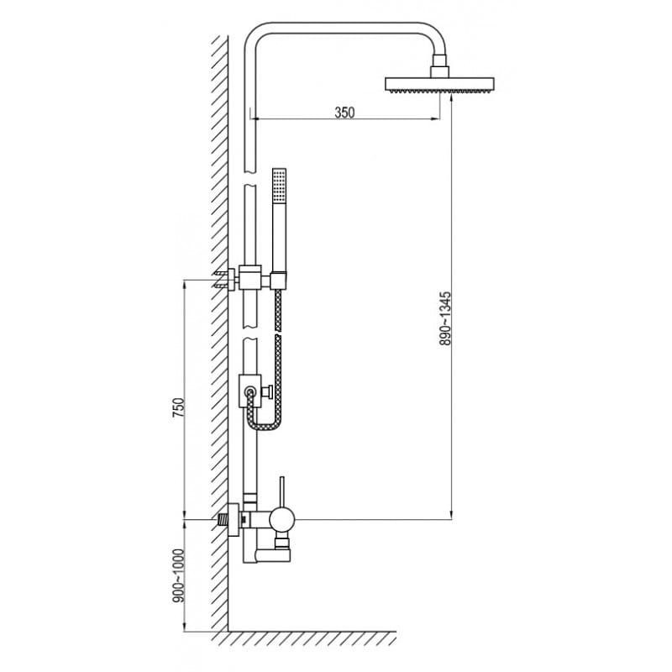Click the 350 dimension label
point(344,113)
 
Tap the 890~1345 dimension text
point(445,319)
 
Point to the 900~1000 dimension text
point(178,575)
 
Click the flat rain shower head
point(439,84)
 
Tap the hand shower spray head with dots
point(279,185)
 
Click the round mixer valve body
point(282,519)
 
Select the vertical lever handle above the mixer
point(282,491)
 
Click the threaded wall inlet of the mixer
point(223,520)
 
